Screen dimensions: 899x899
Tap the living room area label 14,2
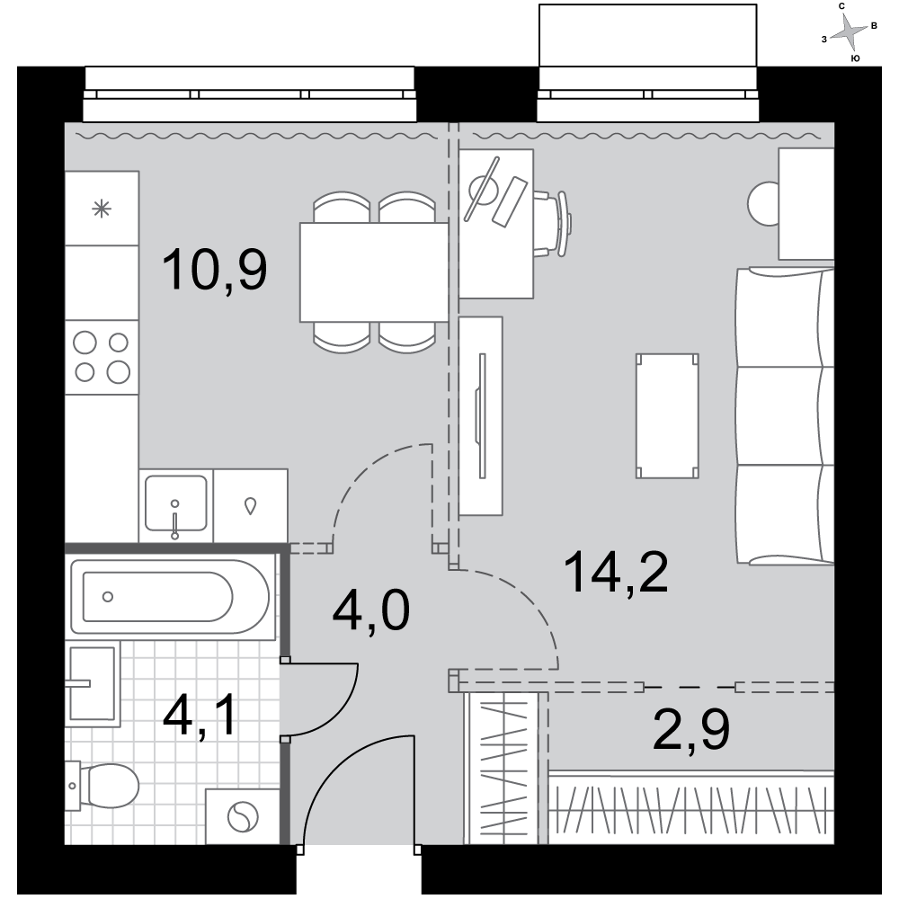(x=616, y=573)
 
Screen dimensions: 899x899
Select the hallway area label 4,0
(x=371, y=610)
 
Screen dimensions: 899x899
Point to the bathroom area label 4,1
(x=200, y=717)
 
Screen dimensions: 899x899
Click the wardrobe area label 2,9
(x=690, y=729)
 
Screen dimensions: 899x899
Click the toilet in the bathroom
(x=102, y=786)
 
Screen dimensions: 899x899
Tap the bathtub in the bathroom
(x=170, y=597)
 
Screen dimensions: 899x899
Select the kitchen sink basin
(x=175, y=503)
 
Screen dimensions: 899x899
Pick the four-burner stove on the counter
(x=102, y=357)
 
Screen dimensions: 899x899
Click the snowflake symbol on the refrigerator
(x=102, y=209)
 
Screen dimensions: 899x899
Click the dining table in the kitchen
(x=374, y=272)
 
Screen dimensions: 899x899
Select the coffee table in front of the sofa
(x=667, y=416)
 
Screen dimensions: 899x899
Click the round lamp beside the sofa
(x=763, y=203)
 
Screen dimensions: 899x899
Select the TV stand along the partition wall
(x=481, y=416)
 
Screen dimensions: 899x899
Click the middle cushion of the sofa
(x=784, y=416)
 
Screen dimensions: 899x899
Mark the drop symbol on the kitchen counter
(x=250, y=505)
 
